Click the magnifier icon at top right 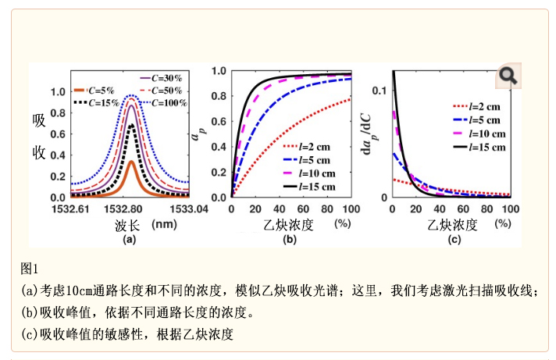tap(508, 76)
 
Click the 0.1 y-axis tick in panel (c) tap(380, 91)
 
